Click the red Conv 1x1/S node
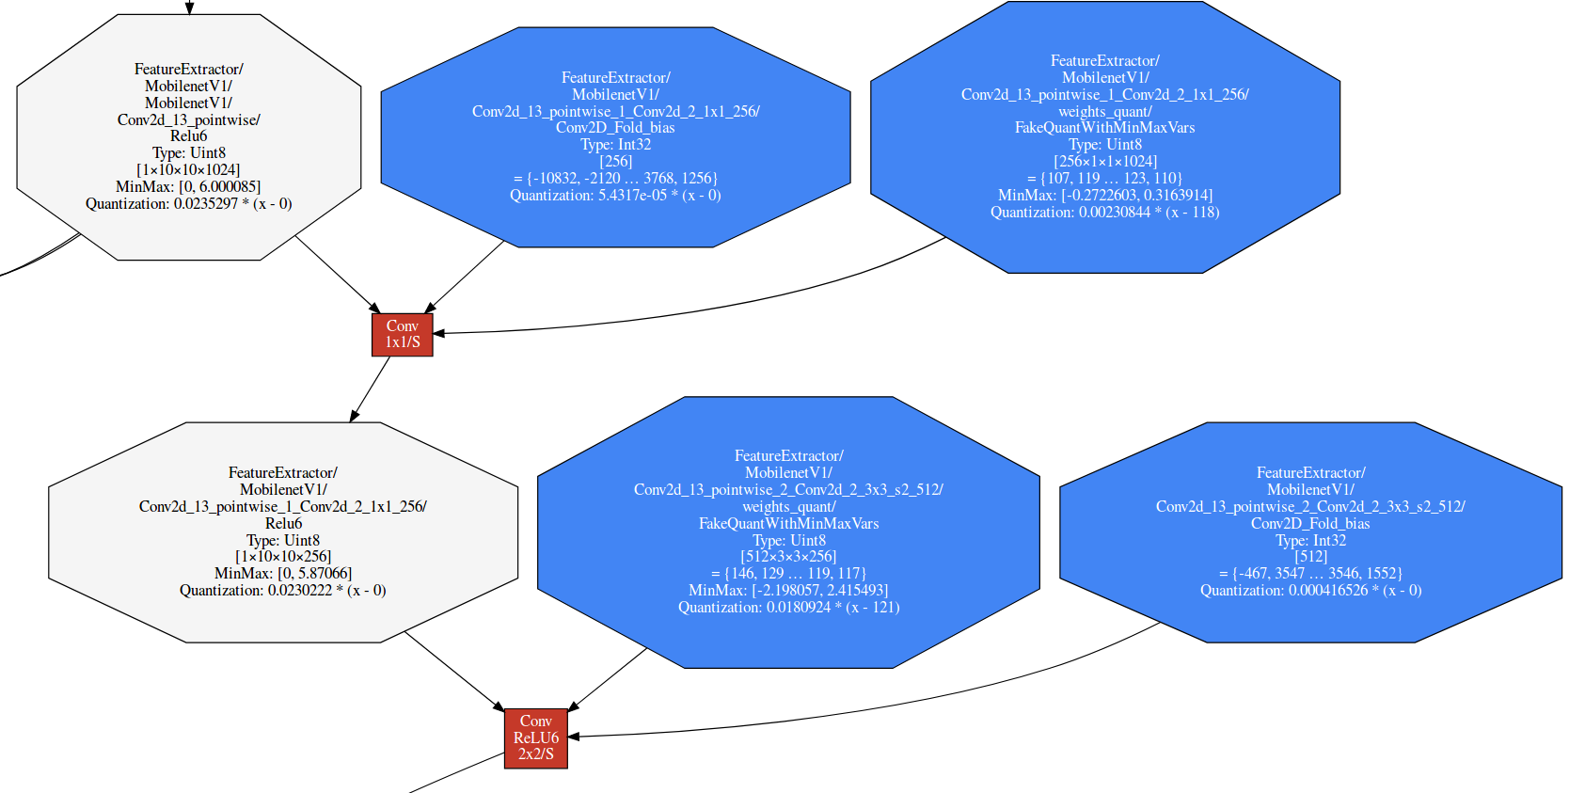tap(402, 334)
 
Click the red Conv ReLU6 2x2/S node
tap(535, 737)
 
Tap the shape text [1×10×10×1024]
tap(188, 169)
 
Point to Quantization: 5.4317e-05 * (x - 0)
tap(615, 196)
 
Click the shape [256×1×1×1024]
tap(1104, 162)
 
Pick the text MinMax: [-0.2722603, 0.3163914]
tap(1104, 196)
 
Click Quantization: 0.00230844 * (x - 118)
tap(1104, 213)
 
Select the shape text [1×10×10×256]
tap(283, 556)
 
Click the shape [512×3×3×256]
tap(788, 556)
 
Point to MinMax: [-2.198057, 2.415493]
tap(788, 590)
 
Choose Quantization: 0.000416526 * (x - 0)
tap(1310, 591)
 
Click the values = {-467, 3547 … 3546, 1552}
tap(1310, 573)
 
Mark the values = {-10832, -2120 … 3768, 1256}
tap(615, 178)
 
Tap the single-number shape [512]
tap(1310, 556)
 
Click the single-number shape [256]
tap(615, 161)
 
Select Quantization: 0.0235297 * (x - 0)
tap(188, 203)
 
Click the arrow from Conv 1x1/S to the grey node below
tap(371, 389)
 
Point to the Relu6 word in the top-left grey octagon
tap(188, 135)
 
